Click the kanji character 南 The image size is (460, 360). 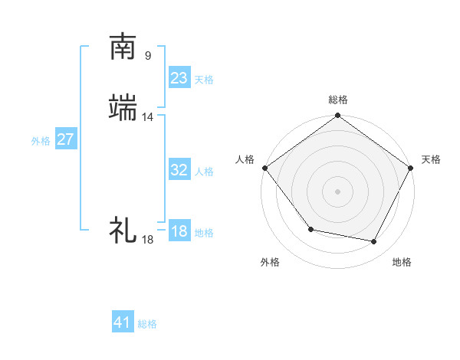[123, 47]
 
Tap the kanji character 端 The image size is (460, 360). [123, 109]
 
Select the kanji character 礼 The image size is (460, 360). [123, 229]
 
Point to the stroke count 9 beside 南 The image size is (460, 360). [147, 55]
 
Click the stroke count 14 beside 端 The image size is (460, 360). [148, 117]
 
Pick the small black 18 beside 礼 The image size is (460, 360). [147, 240]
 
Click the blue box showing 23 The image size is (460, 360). [179, 78]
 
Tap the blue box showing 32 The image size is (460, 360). [179, 170]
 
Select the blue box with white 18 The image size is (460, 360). [179, 231]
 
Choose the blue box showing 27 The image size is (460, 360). [65, 139]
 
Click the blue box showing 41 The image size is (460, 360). [123, 322]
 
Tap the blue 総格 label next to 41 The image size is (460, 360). [147, 324]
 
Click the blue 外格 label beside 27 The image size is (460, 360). [41, 141]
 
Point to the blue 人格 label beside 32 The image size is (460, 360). [204, 172]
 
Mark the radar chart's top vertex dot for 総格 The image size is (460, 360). [337, 116]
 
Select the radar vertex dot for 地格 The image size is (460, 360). [374, 242]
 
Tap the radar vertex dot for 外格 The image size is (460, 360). [310, 229]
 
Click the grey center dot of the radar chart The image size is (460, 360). [337, 191]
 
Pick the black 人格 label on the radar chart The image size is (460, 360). [245, 159]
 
